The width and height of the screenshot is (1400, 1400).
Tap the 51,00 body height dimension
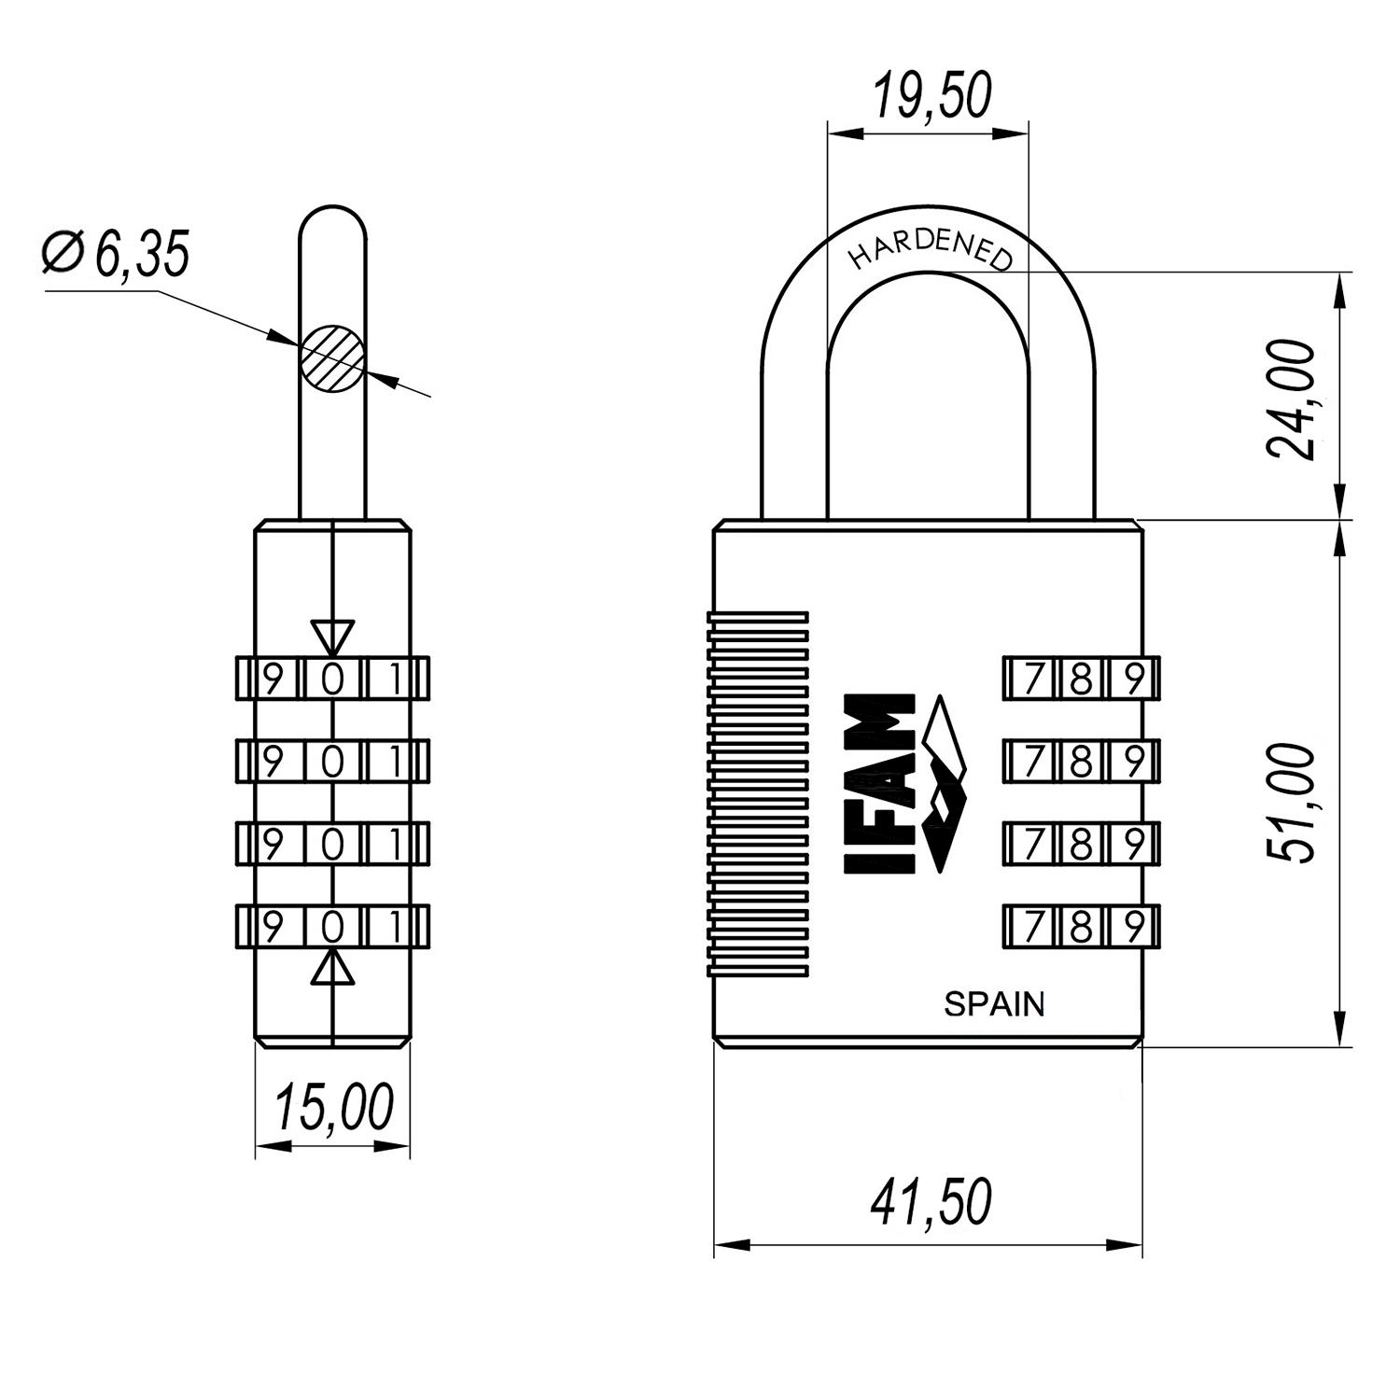point(1293,803)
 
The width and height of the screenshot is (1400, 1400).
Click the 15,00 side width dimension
point(333,1109)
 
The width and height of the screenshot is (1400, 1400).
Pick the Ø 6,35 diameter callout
point(117,253)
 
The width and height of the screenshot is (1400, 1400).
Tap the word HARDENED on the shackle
point(930,248)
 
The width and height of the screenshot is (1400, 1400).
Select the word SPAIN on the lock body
point(994,1005)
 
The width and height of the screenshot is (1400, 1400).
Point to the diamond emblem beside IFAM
point(944,784)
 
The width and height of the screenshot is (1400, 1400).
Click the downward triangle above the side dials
point(333,637)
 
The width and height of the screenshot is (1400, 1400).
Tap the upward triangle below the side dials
point(333,968)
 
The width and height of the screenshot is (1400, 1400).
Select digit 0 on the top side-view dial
point(333,679)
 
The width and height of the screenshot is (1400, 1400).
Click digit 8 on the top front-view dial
point(1081,679)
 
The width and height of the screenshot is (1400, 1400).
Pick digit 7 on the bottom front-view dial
point(1032,927)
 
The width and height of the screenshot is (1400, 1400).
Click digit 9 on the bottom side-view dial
point(273,927)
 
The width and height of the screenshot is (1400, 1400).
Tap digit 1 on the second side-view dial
point(395,763)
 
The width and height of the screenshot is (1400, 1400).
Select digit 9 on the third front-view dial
point(1133,845)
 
